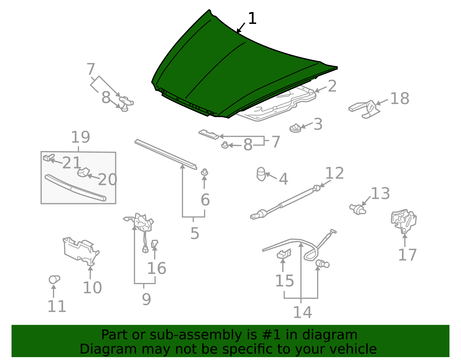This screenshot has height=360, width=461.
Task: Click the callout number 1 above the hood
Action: (x=252, y=18)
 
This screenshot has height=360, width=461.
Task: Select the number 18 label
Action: (x=400, y=99)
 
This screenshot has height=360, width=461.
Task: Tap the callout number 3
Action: (x=318, y=124)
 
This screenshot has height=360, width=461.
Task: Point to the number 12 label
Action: (x=334, y=173)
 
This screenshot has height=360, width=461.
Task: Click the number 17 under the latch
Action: (x=407, y=255)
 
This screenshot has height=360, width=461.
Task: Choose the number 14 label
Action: (x=303, y=312)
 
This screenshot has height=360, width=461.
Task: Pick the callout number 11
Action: (x=57, y=306)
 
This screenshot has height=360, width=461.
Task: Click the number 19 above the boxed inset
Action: (x=81, y=137)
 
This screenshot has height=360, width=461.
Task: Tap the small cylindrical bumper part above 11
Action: (x=54, y=279)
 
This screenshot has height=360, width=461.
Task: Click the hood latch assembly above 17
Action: (x=404, y=221)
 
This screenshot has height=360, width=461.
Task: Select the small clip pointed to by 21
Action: (x=49, y=157)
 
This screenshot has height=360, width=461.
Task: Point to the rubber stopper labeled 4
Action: (x=261, y=174)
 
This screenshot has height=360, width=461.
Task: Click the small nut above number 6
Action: (x=205, y=172)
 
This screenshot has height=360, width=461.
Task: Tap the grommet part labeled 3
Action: (x=295, y=128)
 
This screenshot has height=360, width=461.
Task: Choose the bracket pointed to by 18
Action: (x=364, y=109)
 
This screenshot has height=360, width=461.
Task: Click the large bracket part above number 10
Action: (x=81, y=251)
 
